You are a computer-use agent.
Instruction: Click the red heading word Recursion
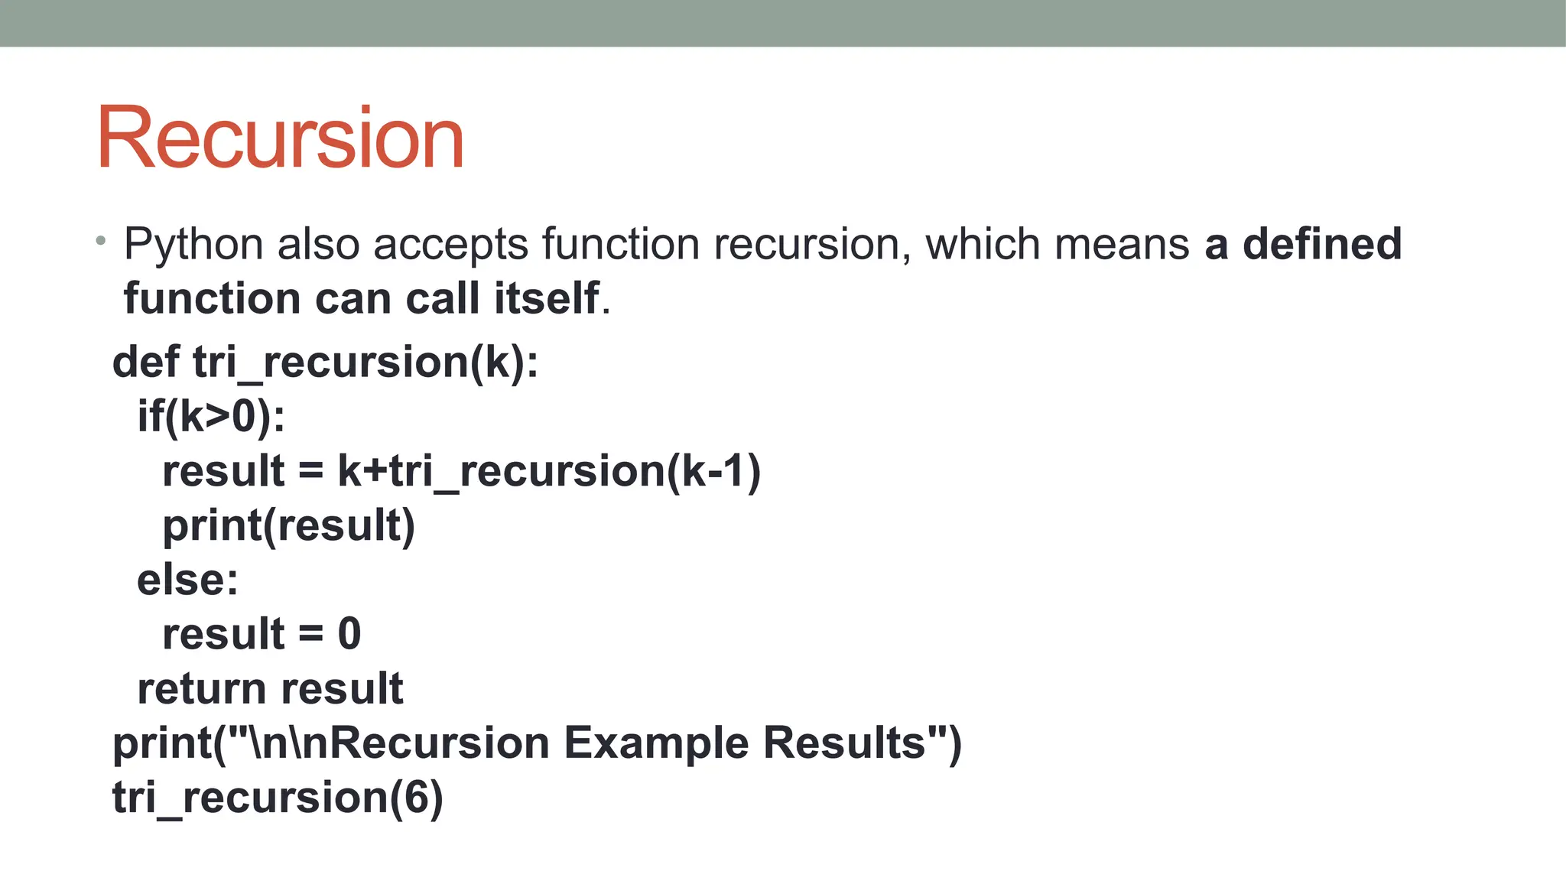click(x=280, y=138)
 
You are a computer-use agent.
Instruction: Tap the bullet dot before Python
click(x=101, y=242)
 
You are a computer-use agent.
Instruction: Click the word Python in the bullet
click(x=193, y=245)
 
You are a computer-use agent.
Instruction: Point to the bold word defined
click(x=1322, y=244)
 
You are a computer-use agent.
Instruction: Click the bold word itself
click(x=547, y=298)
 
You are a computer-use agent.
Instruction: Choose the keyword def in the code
click(x=146, y=362)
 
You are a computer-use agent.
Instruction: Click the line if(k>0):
click(x=211, y=417)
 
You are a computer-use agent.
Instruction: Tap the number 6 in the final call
click(x=416, y=797)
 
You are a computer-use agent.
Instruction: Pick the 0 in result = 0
click(x=349, y=634)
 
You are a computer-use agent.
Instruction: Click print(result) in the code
click(x=288, y=525)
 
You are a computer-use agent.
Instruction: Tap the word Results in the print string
click(x=844, y=743)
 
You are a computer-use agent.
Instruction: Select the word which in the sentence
click(x=983, y=244)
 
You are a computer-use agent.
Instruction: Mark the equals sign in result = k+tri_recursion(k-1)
click(x=310, y=471)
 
